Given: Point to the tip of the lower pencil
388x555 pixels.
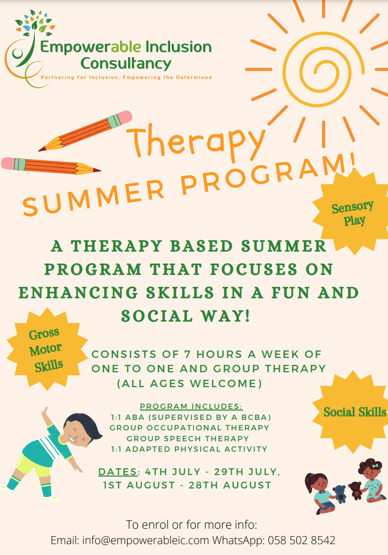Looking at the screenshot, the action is point(100,171).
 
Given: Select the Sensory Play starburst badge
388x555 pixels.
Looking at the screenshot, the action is point(352,212).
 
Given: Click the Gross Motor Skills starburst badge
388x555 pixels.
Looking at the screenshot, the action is point(47,349).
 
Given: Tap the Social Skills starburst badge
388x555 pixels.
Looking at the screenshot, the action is point(351,412).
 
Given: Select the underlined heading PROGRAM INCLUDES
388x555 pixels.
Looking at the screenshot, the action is point(192,407).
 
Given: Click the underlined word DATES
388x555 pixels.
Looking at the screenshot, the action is point(118,472).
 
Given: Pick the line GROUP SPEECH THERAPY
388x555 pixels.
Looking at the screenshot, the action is point(188,438).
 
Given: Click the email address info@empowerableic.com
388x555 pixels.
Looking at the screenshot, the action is point(146,541).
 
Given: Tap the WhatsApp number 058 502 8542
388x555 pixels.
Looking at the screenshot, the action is point(301,541).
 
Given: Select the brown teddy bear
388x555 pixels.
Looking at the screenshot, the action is point(356,490).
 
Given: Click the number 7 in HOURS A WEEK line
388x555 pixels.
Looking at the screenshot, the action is point(188,354).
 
